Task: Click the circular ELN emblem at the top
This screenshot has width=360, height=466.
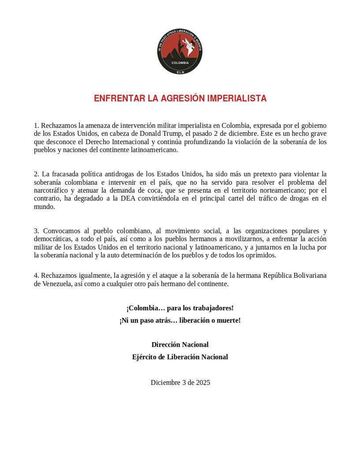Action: click(180, 52)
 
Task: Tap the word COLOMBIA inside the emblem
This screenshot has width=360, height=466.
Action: click(180, 63)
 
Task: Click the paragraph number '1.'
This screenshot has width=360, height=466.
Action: click(37, 126)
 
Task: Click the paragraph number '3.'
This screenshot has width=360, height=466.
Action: click(37, 231)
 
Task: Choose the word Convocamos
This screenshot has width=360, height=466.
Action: click(60, 231)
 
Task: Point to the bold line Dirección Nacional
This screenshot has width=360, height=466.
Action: click(180, 344)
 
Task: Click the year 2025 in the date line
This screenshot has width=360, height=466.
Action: click(203, 382)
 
